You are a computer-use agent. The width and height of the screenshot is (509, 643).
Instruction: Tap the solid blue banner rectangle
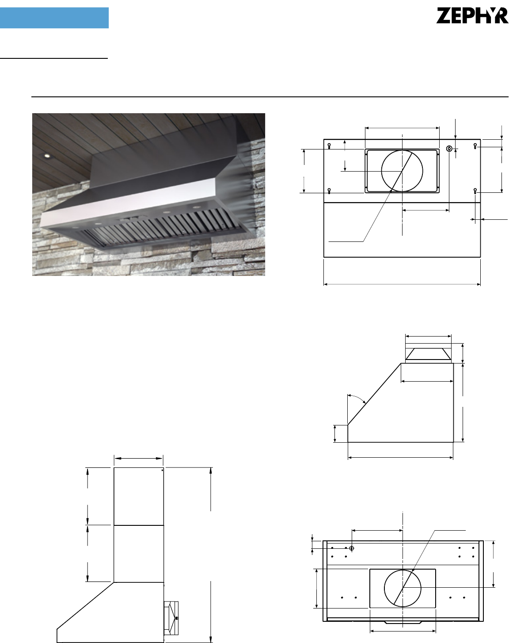click(x=54, y=18)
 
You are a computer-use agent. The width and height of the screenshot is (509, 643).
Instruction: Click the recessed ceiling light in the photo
click(x=46, y=156)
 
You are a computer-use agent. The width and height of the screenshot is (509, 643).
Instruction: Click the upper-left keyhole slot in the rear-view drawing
click(x=329, y=146)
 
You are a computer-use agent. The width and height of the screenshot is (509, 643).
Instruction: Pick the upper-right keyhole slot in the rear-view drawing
click(x=475, y=146)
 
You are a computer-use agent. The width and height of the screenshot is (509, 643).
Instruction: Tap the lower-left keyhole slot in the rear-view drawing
click(x=329, y=191)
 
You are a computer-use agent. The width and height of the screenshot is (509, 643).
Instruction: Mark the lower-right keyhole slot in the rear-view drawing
click(x=475, y=191)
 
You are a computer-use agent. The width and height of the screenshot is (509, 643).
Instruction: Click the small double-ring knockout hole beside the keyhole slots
click(x=449, y=149)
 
